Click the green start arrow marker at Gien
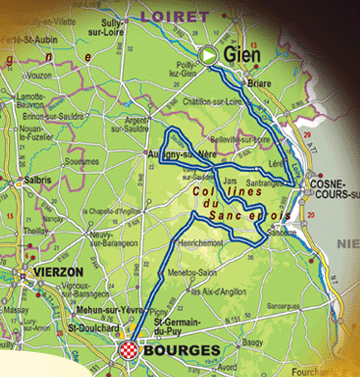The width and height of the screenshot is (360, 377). click(208, 56)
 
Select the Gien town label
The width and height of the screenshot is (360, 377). click(243, 55)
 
